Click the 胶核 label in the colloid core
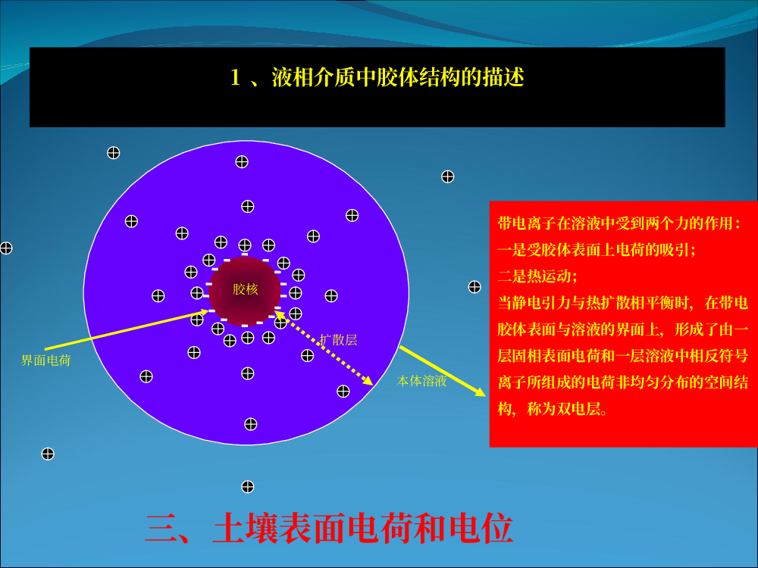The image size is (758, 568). (245, 289)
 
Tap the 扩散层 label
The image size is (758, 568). (338, 340)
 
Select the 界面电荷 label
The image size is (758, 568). (46, 360)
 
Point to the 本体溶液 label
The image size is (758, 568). (421, 381)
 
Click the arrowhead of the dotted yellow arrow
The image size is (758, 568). (368, 381)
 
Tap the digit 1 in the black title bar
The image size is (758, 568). (236, 77)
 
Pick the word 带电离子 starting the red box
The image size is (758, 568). (527, 223)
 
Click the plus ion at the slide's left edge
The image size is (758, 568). (6, 248)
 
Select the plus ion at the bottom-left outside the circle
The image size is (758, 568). (48, 454)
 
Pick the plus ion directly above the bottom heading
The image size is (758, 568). (248, 487)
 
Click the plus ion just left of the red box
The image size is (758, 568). (475, 287)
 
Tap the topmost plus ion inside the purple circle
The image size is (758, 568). (242, 162)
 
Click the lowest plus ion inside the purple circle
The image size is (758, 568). (250, 424)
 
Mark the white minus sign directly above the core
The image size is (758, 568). (245, 254)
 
